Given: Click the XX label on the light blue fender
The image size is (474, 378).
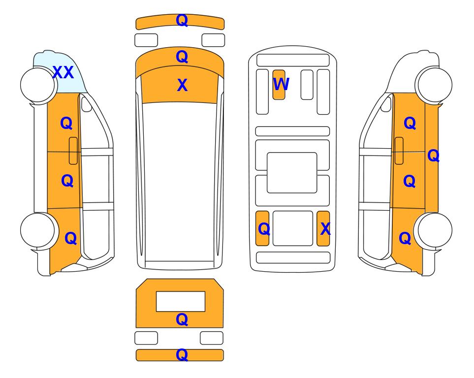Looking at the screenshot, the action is (63, 72).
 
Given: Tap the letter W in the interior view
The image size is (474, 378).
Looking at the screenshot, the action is (281, 84).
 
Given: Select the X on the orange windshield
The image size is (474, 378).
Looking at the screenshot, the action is (182, 85).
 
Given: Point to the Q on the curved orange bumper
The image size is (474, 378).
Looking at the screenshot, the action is (182, 20).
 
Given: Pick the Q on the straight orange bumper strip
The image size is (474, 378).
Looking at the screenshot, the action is (182, 355).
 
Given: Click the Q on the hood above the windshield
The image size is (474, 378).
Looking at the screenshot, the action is (182, 57).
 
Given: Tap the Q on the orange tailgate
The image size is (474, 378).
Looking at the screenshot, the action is (182, 319).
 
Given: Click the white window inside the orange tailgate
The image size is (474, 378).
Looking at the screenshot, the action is (181, 301).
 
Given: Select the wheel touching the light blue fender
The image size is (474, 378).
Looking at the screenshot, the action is (38, 85).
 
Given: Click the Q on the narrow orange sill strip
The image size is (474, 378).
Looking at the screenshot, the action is (433, 156).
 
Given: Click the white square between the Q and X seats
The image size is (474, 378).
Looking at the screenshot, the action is (293, 228).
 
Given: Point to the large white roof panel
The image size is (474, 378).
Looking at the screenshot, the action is (180, 182).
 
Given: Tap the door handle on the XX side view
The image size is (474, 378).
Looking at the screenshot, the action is (73, 151).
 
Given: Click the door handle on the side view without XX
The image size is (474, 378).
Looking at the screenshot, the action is (399, 151).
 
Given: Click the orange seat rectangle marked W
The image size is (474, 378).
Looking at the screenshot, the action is (279, 85).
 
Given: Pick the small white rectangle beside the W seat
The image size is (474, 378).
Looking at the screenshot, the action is (307, 85).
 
